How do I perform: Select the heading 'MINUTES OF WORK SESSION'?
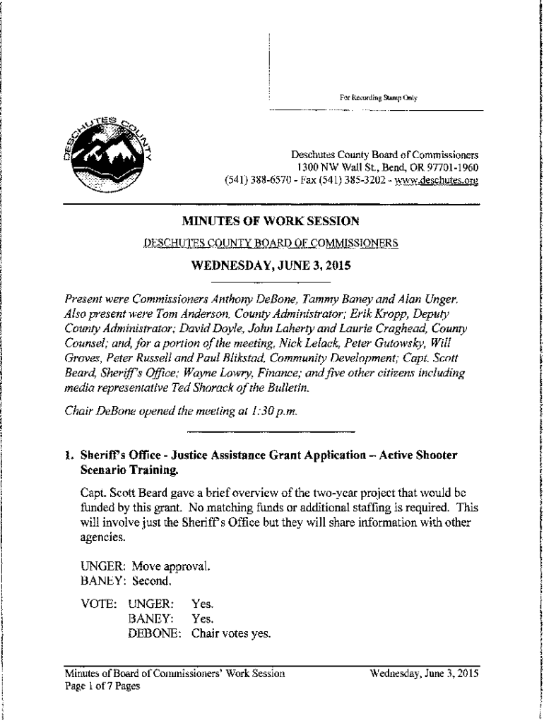pyautogui.click(x=271, y=221)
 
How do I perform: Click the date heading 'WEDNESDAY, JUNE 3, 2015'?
pyautogui.click(x=271, y=266)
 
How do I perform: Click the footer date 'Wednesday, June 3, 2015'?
pyautogui.click(x=425, y=674)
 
